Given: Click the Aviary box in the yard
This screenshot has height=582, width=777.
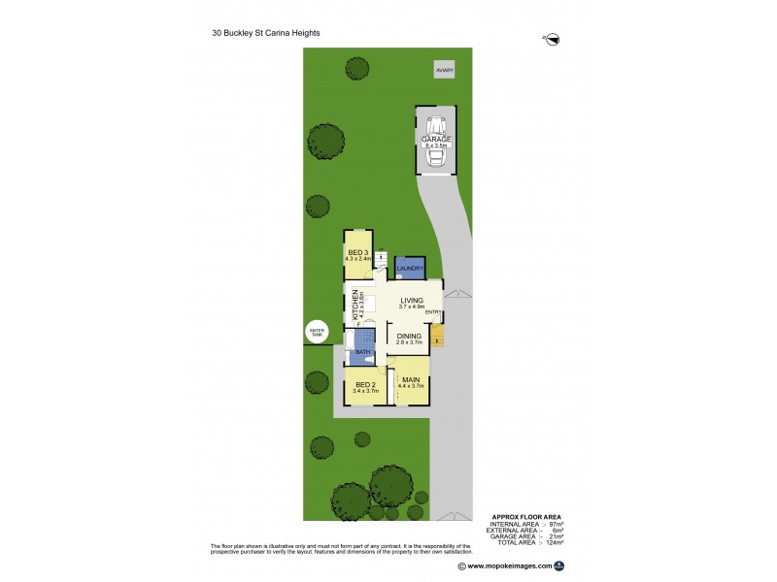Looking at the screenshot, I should [x=444, y=71].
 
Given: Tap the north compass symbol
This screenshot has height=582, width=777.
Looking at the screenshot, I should [x=554, y=39].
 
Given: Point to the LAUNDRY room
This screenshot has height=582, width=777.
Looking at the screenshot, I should [x=410, y=268].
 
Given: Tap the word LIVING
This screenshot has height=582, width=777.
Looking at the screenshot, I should [x=412, y=301].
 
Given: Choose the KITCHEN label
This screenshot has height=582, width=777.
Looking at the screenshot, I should [x=356, y=304].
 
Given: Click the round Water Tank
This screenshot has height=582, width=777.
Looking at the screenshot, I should [x=317, y=331].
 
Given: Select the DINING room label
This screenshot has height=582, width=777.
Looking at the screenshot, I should [x=409, y=336].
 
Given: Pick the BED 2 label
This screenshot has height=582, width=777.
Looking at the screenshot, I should [x=364, y=384].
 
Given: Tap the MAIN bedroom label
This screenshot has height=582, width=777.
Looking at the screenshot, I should [x=411, y=379].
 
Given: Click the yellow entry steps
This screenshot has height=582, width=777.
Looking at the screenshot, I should [x=437, y=337].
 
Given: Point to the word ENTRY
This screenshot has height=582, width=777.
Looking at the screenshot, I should [x=433, y=311].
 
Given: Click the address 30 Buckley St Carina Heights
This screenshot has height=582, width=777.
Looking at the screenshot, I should [x=265, y=32].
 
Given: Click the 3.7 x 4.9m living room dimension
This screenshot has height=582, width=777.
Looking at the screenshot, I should [x=412, y=307].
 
